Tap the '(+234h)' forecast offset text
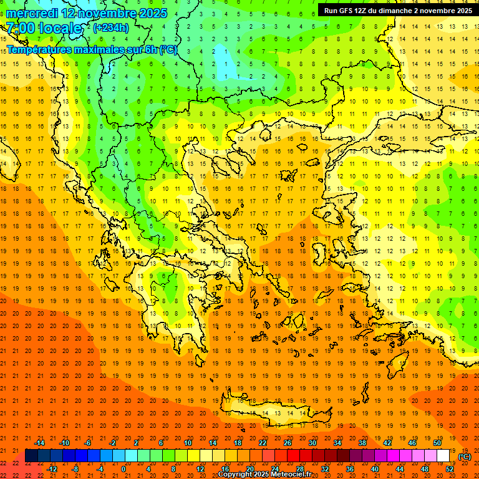[111, 27]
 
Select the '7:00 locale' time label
[44, 28]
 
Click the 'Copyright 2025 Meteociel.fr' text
[264, 474]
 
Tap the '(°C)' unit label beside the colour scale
[465, 457]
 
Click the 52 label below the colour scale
[450, 469]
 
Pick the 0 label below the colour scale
[123, 469]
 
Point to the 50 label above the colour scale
[437, 443]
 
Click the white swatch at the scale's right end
[443, 456]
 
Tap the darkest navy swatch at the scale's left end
[31, 456]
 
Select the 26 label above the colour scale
[287, 443]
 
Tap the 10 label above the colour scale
[187, 443]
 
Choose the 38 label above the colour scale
[362, 443]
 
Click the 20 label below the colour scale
[249, 469]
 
